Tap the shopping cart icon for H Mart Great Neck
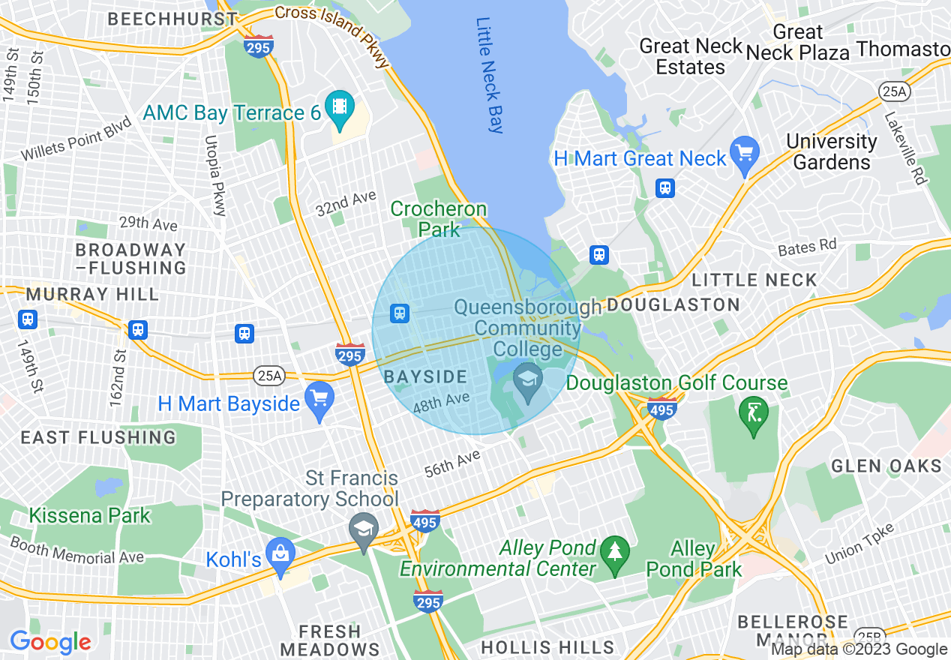745,154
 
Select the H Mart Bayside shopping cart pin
320,399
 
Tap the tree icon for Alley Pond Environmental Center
614,553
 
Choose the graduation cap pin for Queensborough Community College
529,379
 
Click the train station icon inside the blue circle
400,313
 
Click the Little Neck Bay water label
490,75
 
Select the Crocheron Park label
439,219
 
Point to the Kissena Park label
90,516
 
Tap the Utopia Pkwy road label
214,177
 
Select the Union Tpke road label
859,544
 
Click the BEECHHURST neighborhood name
172,19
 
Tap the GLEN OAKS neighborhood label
886,466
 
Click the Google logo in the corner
50,642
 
